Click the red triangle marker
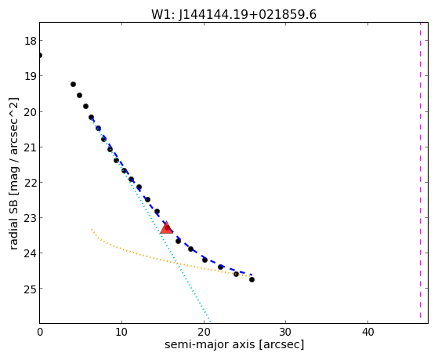[166, 227]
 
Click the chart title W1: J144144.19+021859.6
[233, 15]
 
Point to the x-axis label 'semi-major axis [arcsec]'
[234, 344]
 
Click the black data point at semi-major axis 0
[40, 55]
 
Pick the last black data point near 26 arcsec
[252, 279]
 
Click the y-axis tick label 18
[31, 41]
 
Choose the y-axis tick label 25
[31, 289]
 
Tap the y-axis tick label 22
[31, 183]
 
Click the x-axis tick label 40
[367, 332]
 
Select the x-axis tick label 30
[285, 332]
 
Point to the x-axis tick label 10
[121, 332]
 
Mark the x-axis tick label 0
[40, 332]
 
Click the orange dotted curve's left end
[92, 229]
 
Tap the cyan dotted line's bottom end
[210, 322]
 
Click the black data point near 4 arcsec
[73, 84]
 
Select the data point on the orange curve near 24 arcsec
[236, 274]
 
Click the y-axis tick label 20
[31, 112]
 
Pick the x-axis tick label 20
[204, 332]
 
